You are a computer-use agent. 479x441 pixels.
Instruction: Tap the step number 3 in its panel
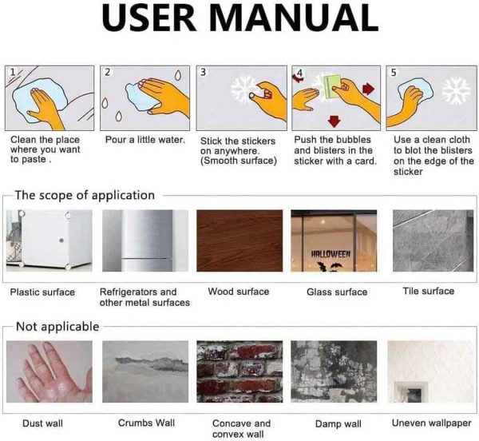coord(203,72)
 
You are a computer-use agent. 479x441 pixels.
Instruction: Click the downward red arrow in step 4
coord(335,121)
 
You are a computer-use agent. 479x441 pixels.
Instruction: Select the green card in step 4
coord(332,86)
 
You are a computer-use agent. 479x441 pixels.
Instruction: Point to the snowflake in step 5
coord(457,91)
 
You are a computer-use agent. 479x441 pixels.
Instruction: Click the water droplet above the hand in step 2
coord(177,75)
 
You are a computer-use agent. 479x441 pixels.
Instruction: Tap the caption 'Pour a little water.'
coord(145,140)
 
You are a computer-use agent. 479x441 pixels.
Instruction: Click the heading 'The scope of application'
coord(85,195)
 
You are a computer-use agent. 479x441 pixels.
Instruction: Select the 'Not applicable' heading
coord(57,327)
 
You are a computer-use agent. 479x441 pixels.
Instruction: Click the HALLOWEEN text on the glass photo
coord(331,254)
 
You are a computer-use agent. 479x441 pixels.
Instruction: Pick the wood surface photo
coord(239,240)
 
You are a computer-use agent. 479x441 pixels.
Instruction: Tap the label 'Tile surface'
coord(428,291)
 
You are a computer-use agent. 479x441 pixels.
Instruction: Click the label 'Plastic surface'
coord(42,292)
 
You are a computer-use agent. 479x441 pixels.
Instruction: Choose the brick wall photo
coord(239,371)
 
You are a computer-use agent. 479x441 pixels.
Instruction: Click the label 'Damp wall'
coord(338,424)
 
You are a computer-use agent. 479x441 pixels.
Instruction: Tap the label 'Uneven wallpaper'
coord(431,423)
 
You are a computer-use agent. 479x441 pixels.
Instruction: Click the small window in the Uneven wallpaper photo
coord(410,391)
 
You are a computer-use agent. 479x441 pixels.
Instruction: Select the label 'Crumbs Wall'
coord(146,423)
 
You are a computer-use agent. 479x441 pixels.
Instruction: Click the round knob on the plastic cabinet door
coord(61,240)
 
